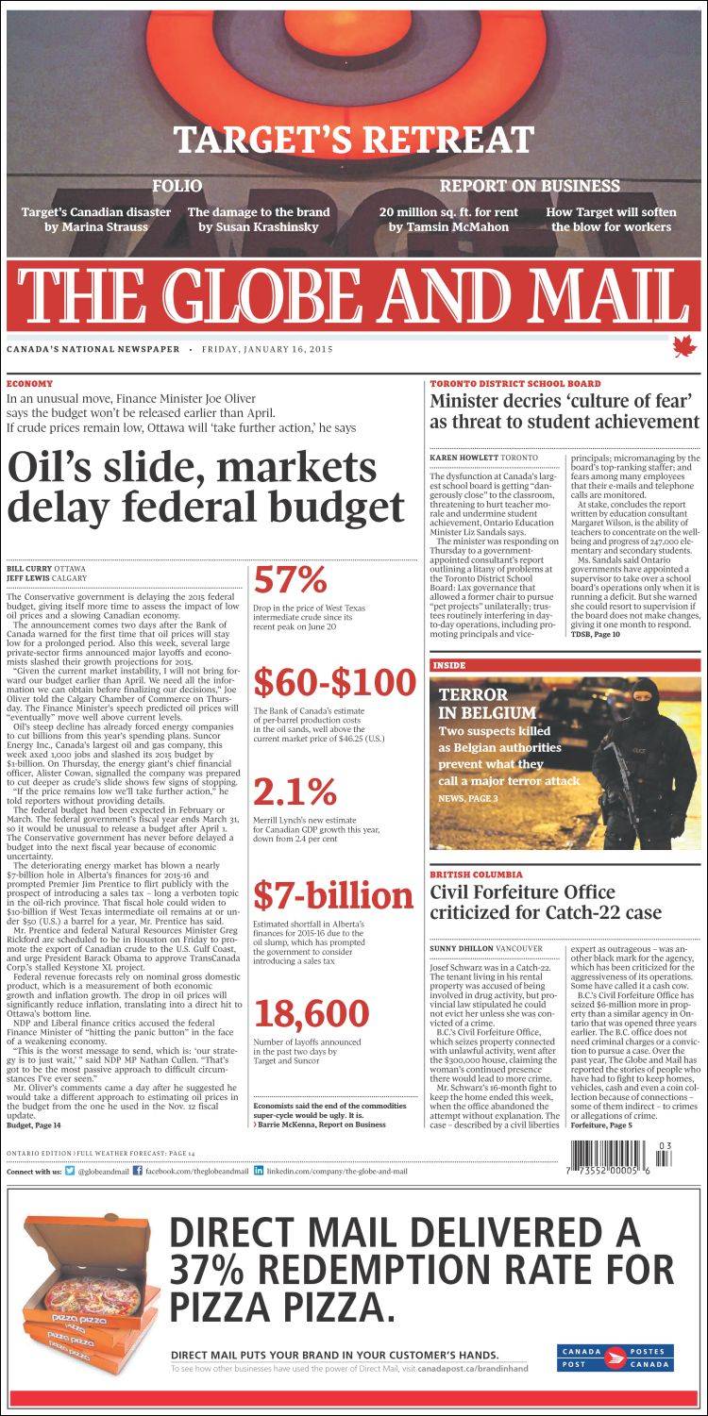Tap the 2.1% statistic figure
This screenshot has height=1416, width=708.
pyautogui.click(x=295, y=791)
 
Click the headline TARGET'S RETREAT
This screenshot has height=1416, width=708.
pyautogui.click(x=354, y=140)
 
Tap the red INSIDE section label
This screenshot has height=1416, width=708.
pyautogui.click(x=449, y=665)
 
